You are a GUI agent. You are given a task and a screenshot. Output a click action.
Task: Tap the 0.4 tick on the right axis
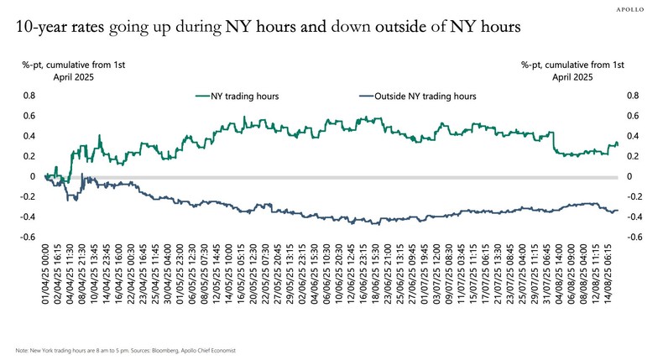coord(633,136)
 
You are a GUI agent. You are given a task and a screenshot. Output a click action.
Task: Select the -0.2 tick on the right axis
coord(634,196)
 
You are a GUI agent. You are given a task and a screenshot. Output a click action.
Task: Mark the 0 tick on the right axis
coord(629,176)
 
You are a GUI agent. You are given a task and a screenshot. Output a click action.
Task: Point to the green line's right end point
coord(619,143)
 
